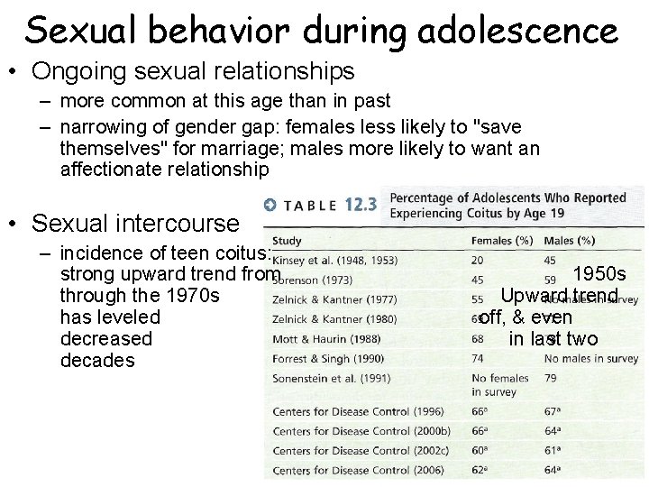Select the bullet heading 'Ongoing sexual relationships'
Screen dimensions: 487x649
[x=193, y=69]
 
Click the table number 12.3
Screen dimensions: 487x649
[x=360, y=205]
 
